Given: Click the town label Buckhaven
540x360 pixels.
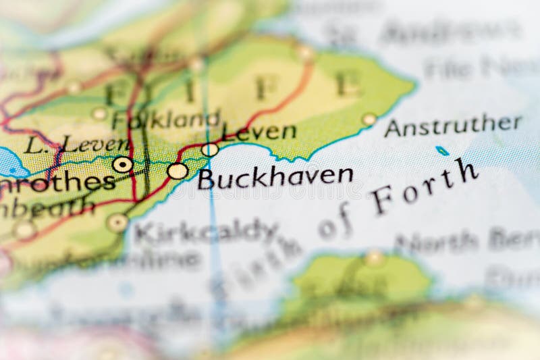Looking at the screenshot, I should pos(275,177).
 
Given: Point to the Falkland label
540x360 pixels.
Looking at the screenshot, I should pos(166,120).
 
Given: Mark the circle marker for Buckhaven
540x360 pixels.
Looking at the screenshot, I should pos(178,171).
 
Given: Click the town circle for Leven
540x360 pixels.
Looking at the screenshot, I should pos(210,149).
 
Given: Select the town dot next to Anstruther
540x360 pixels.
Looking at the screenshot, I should pos(369,120).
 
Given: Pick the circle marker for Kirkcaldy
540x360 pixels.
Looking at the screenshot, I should pos(117,222).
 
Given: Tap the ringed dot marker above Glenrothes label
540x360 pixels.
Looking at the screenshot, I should pos(122,164).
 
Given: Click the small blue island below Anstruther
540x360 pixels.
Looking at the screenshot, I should pos(442,151).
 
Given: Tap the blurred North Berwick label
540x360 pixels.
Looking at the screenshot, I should pos(466,240).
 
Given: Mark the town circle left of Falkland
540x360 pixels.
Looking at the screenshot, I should pos(100,113).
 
